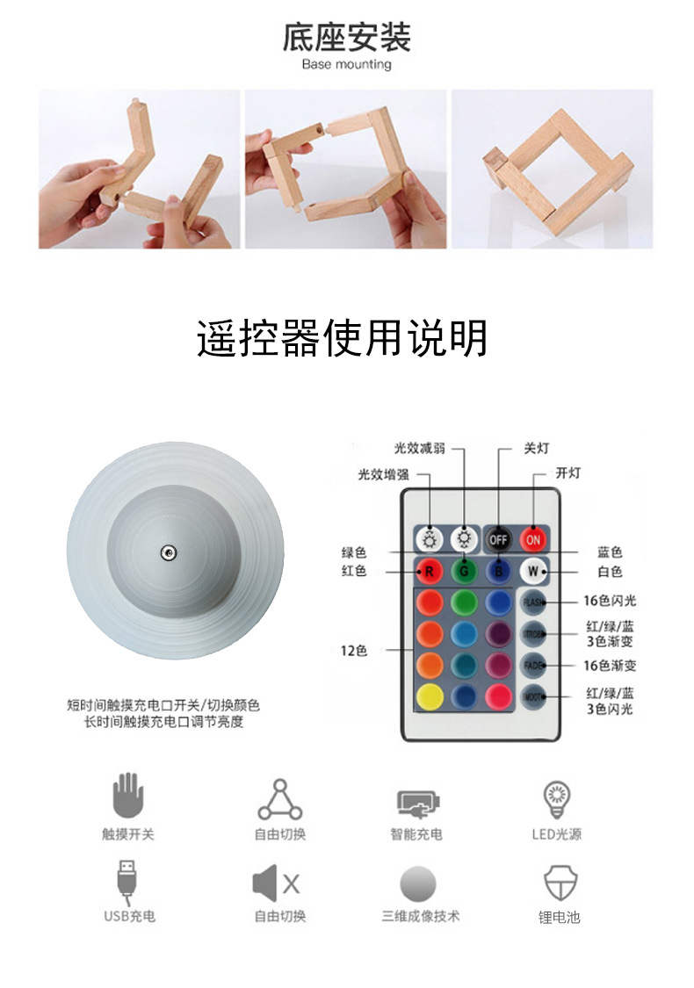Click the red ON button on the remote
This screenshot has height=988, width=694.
[533, 538]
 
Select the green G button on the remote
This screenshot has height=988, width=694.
[464, 571]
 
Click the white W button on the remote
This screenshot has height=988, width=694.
[532, 571]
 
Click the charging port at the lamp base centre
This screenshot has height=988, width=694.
[167, 552]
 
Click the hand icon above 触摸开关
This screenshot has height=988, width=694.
[127, 797]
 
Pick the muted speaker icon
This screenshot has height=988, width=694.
[277, 883]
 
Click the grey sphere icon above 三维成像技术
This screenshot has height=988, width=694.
[419, 883]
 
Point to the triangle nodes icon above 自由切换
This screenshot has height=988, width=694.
[279, 798]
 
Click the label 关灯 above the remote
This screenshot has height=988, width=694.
[537, 448]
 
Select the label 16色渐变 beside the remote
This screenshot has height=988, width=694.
[611, 667]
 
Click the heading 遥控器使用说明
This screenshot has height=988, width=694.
[343, 338]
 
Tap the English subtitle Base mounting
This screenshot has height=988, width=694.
[346, 64]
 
